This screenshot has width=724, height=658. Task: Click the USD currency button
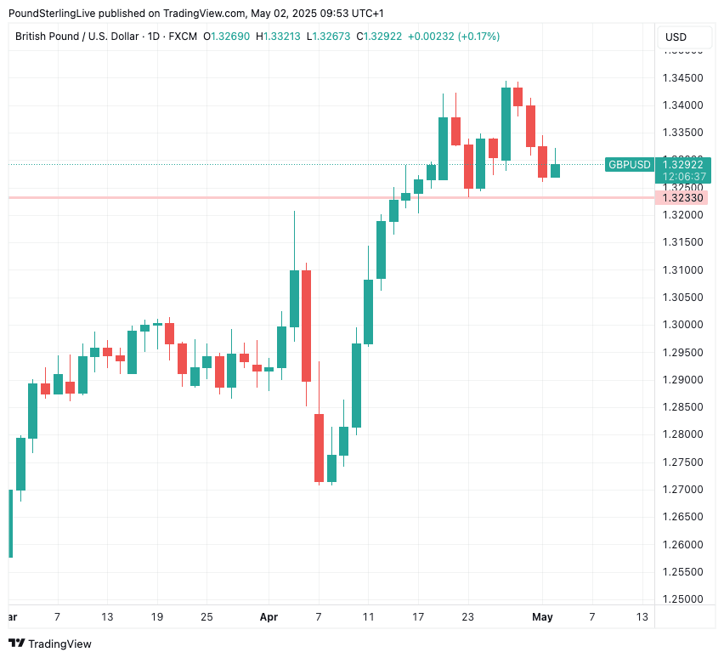(x=676, y=37)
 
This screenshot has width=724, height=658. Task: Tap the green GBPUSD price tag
(x=629, y=164)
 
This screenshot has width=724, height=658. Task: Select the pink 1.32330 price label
(x=682, y=198)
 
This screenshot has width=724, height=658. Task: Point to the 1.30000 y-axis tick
(x=682, y=325)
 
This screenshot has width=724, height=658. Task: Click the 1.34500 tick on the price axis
(x=682, y=78)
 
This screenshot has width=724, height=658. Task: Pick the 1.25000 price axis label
(x=682, y=599)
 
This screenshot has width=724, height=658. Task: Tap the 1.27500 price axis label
(x=682, y=462)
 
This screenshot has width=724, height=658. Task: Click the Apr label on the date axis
(x=269, y=616)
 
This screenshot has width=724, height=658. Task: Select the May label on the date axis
(x=542, y=616)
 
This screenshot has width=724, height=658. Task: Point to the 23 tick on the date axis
(x=467, y=616)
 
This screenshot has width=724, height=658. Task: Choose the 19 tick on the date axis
(x=157, y=616)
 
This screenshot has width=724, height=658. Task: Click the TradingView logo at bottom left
(x=50, y=644)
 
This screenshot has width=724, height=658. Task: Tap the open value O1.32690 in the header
(x=227, y=37)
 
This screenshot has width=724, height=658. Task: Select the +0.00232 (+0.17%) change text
(x=454, y=37)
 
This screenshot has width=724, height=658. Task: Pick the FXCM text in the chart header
(x=183, y=37)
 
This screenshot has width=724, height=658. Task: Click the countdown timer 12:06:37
(x=683, y=176)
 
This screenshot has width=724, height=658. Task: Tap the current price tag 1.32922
(x=683, y=164)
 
